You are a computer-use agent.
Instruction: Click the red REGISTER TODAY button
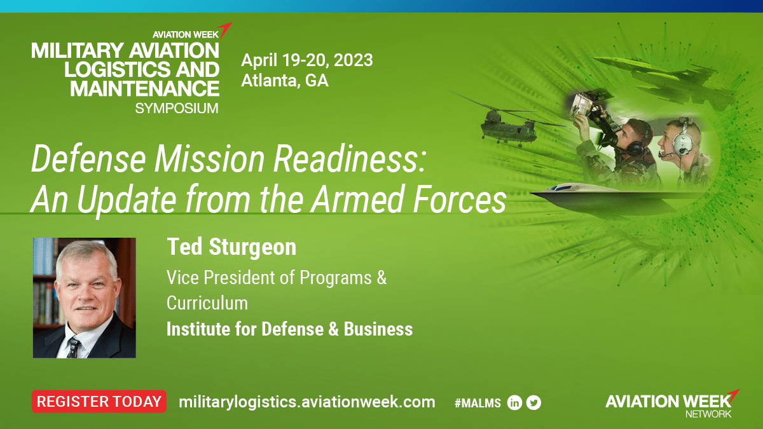99,402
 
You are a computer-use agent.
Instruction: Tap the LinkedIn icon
514,403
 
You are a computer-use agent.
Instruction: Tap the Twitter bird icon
533,403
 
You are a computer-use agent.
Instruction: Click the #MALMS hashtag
478,403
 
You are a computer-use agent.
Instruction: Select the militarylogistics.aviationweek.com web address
307,402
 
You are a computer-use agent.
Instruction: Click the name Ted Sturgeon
231,247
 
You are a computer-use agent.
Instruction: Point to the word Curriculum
207,303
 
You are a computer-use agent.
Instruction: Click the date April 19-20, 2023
307,60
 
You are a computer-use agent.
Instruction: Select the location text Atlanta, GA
285,80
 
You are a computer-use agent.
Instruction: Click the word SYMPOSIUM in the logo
177,109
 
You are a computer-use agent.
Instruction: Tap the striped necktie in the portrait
73,347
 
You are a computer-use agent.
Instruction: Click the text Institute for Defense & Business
289,329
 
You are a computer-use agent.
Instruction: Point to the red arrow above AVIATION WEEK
225,30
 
